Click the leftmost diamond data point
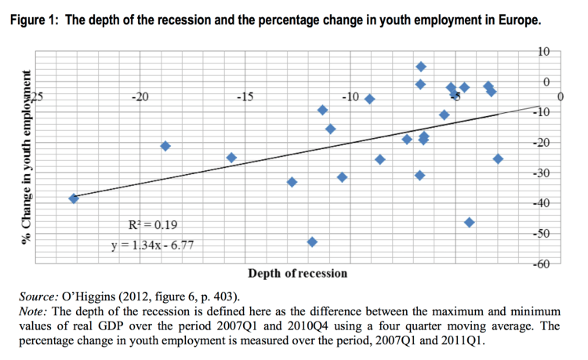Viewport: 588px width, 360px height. (x=74, y=198)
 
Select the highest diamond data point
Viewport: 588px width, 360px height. (x=420, y=67)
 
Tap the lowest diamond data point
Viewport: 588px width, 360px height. (x=312, y=242)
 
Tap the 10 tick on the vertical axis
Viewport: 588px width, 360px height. (x=545, y=52)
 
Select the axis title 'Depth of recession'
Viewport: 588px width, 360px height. (x=298, y=274)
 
